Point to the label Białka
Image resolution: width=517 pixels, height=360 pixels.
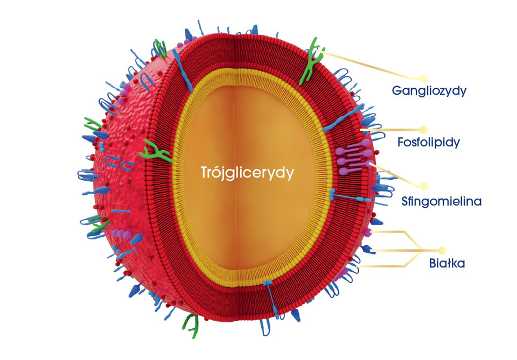click(x=447, y=264)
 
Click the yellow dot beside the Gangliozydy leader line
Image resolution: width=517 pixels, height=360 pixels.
click(x=424, y=78)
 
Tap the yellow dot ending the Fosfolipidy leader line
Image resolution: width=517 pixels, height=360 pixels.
click(x=423, y=130)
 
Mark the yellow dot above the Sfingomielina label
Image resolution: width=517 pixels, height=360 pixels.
click(x=424, y=186)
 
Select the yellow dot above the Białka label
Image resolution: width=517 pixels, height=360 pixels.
click(x=443, y=250)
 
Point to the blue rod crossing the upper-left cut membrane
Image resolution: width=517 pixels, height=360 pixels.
click(x=183, y=72)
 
